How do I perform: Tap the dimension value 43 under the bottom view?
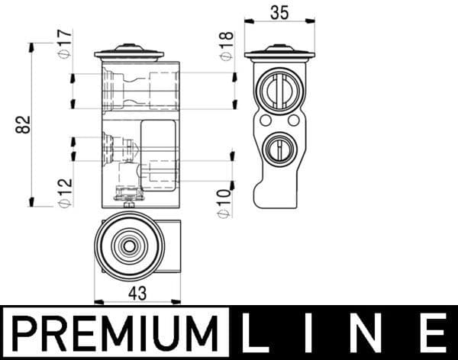[x=137, y=292]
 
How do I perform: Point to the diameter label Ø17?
[x=64, y=43]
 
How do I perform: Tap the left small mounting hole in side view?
[x=265, y=121]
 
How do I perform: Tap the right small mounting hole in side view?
[x=295, y=121]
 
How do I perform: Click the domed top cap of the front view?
[x=129, y=53]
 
